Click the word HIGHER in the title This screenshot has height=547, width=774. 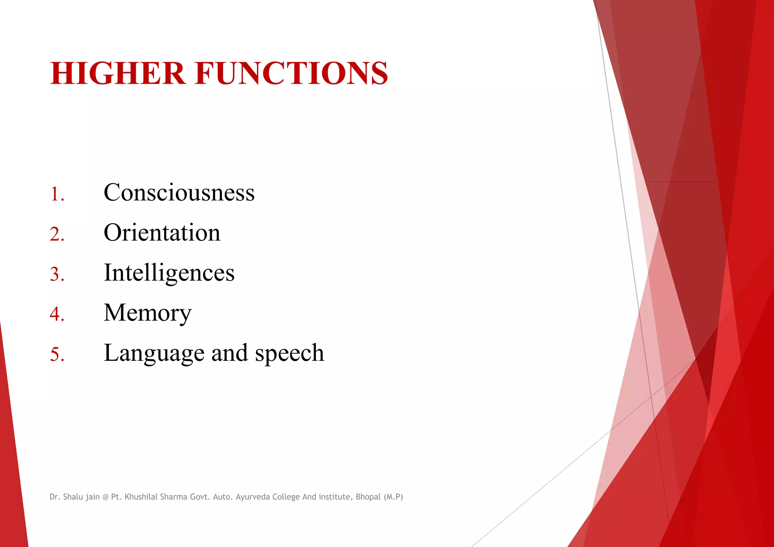(118, 73)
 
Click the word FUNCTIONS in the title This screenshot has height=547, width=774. (291, 73)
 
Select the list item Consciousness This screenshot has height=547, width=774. (179, 193)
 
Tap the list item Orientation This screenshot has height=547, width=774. (162, 233)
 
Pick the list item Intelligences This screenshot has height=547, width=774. (169, 273)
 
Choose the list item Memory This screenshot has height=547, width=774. (147, 313)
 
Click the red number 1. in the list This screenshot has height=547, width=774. (57, 194)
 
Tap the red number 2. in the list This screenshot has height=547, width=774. (57, 234)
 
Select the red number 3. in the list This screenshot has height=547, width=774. (57, 274)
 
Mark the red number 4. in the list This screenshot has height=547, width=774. (57, 314)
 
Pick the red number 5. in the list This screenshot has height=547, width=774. (57, 355)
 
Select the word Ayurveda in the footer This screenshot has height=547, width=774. (252, 497)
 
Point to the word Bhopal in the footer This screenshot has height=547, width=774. (368, 497)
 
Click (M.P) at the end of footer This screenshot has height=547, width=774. (393, 497)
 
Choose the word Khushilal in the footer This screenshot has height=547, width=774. (141, 497)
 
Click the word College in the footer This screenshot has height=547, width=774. (286, 497)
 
